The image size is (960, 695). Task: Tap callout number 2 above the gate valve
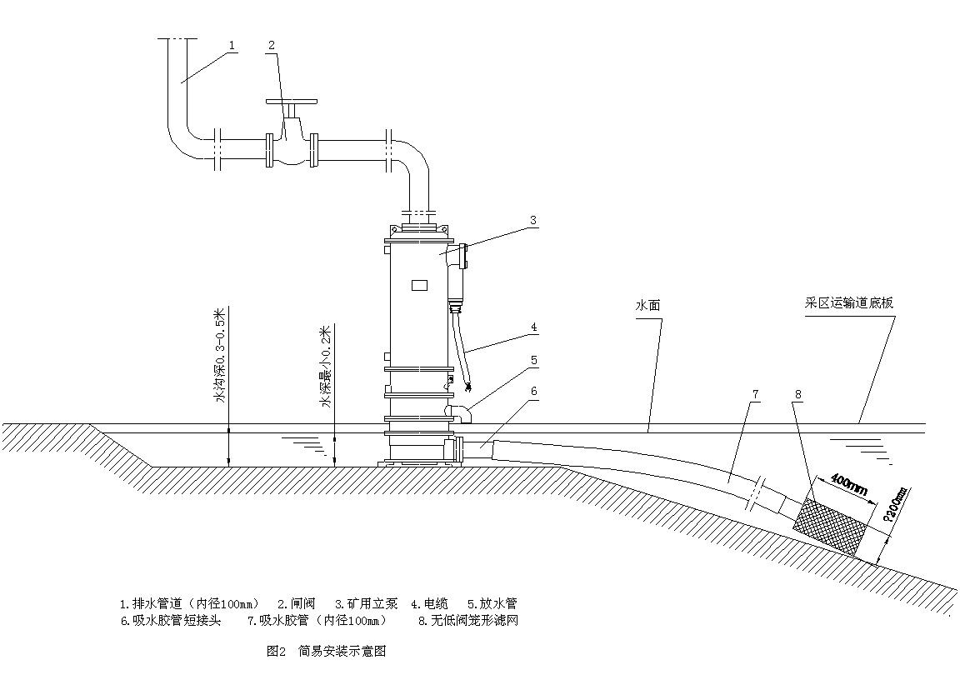pyautogui.click(x=272, y=45)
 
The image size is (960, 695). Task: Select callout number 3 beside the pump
pyautogui.click(x=532, y=221)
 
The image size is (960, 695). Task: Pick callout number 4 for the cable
pyautogui.click(x=532, y=327)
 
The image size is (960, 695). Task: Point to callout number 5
pyautogui.click(x=532, y=360)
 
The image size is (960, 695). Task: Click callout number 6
pyautogui.click(x=532, y=391)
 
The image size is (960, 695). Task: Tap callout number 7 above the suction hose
pyautogui.click(x=756, y=395)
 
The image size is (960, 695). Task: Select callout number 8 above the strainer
pyautogui.click(x=797, y=395)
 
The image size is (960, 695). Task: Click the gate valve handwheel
pyautogui.click(x=292, y=102)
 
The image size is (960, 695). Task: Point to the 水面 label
pyautogui.click(x=648, y=306)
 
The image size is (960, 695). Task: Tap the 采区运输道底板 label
pyautogui.click(x=849, y=303)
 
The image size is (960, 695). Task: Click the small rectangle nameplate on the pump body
pyautogui.click(x=419, y=285)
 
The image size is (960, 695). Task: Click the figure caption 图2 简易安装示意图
pyautogui.click(x=326, y=652)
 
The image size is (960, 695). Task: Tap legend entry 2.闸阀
pyautogui.click(x=296, y=602)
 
